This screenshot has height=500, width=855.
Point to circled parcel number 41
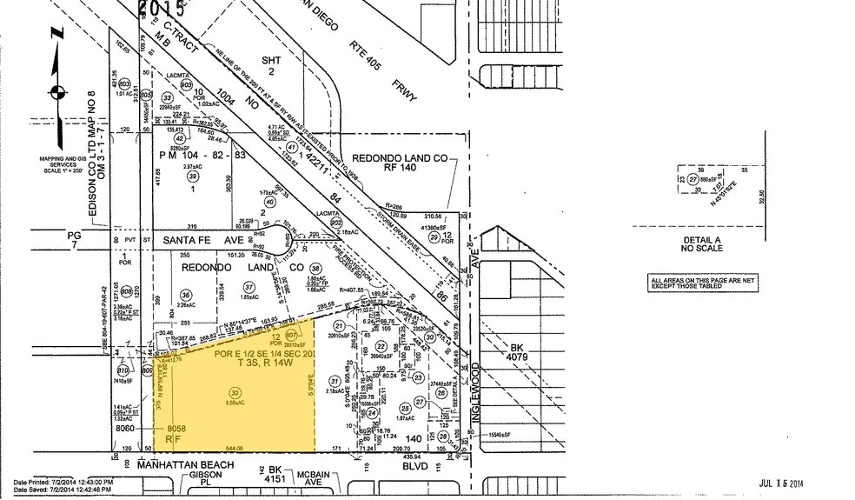(x=292, y=148)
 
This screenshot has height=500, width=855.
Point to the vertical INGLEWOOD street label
(x=475, y=393)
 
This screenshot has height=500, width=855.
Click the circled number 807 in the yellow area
(x=291, y=335)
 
